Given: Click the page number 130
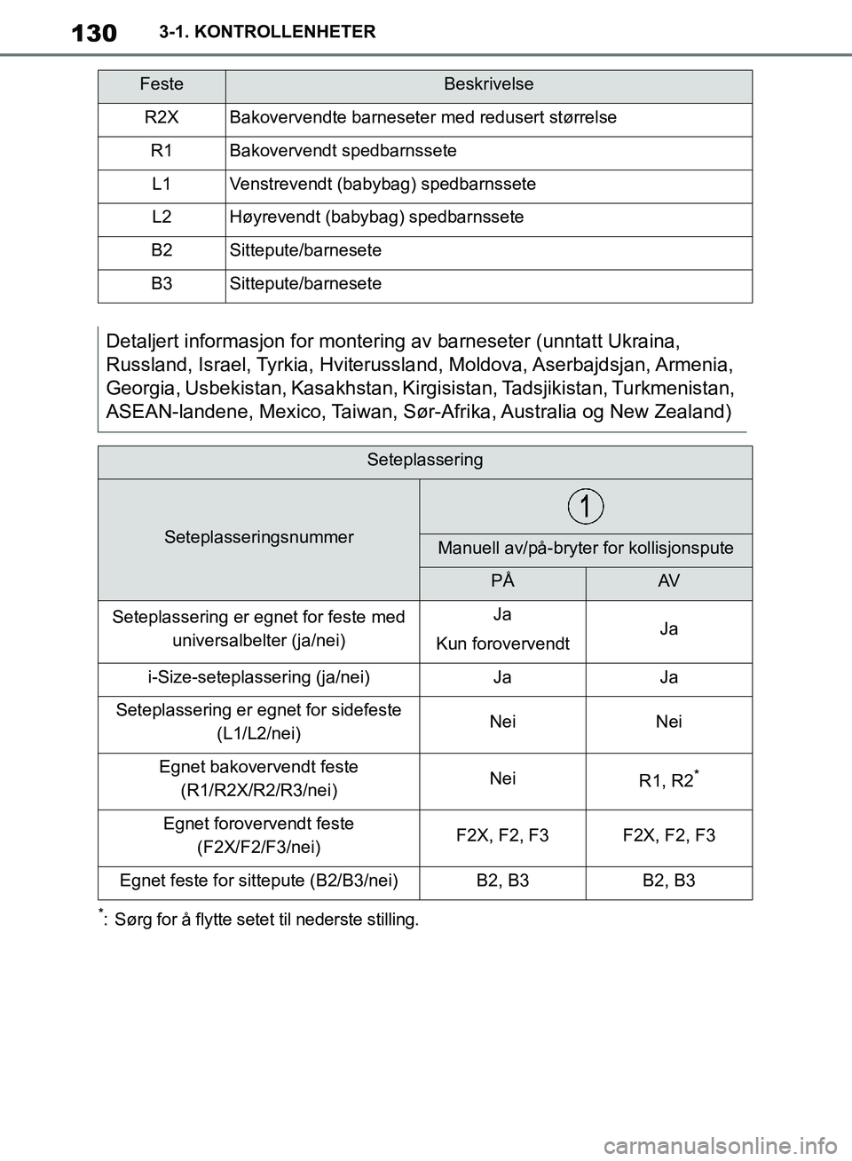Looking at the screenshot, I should [x=93, y=33].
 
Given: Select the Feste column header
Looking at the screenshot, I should [x=162, y=84].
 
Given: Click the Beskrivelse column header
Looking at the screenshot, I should [x=488, y=84].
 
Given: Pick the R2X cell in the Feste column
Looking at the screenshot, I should [x=162, y=117].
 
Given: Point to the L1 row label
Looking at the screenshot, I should [x=162, y=184].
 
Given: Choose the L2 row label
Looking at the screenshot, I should [x=162, y=217].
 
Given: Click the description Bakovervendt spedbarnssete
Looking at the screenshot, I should [x=343, y=151].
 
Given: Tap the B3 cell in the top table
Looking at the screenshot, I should [x=162, y=284].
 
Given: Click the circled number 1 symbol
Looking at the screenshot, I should [x=586, y=506].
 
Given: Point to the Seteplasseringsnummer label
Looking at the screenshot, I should [x=259, y=537].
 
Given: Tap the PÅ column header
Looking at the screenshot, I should [x=502, y=580].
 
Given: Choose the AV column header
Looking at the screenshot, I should [x=669, y=580].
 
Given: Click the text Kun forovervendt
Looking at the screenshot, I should [x=502, y=644].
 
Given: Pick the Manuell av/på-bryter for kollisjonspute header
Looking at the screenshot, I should [x=586, y=549].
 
